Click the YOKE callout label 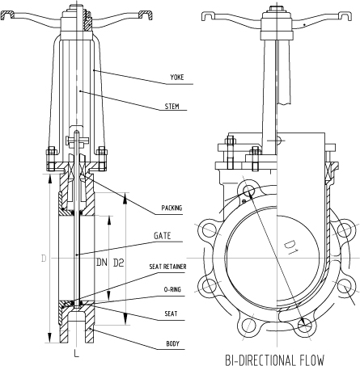coord(177,78)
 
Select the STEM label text coord(172,107)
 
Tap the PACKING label coord(172,208)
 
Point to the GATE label coord(163,236)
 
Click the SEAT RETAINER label coord(167,267)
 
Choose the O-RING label coord(172,290)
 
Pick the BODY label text coord(172,343)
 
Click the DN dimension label coord(102,263)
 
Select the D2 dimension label coord(118,263)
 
